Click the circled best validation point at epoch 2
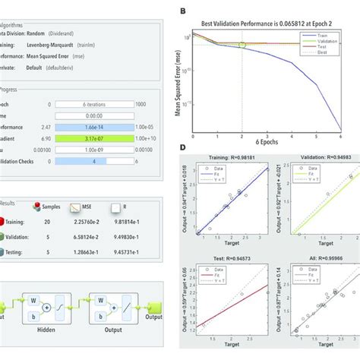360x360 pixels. pyautogui.click(x=243, y=46)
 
